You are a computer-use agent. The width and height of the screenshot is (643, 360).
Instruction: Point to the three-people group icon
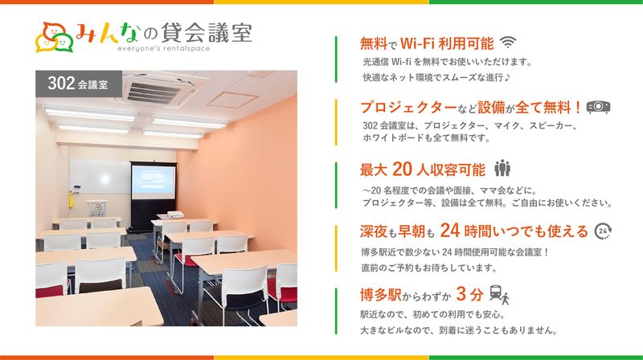(x=503, y=169)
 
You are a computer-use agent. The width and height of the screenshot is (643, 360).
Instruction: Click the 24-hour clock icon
(x=604, y=231)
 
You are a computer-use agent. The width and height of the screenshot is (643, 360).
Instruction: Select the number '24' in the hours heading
(x=450, y=231)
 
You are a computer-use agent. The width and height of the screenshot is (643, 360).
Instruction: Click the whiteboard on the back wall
(x=96, y=176)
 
